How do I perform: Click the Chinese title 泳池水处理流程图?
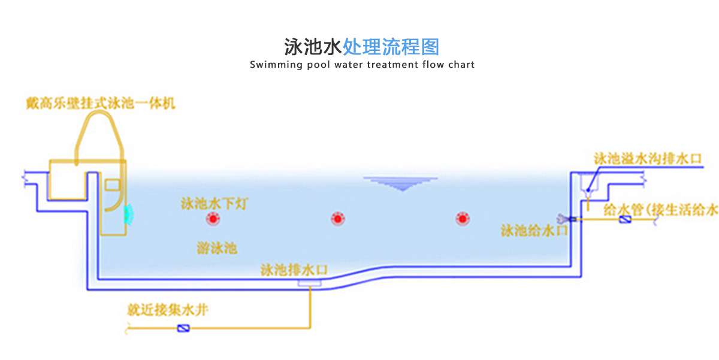coord(361,46)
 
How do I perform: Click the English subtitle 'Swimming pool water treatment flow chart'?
coord(362,65)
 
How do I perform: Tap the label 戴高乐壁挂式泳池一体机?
coord(100,103)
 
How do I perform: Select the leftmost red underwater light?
coord(212,219)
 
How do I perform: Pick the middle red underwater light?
coord(337,219)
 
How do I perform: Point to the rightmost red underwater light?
coord(461,219)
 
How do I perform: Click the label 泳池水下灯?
coord(214,203)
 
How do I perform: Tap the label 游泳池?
coord(217,247)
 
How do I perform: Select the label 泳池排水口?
coord(294,269)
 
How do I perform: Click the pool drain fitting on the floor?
coord(310,282)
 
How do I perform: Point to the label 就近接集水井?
coord(168,310)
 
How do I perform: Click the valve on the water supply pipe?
coord(625,220)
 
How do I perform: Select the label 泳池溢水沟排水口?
coord(647,159)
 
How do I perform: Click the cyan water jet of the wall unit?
coord(128,212)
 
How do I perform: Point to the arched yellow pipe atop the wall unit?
coord(99,132)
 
